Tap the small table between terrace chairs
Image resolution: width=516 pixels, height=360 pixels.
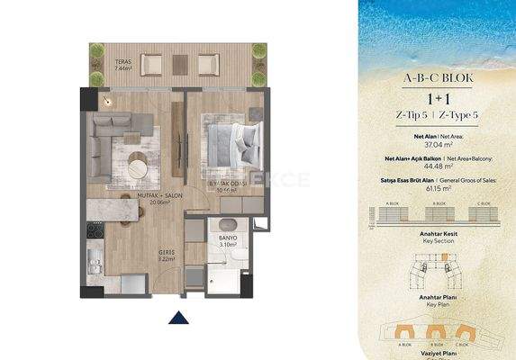[179, 64]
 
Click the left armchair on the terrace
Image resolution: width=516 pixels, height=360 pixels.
[151, 63]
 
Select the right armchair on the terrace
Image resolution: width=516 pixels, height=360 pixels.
[207, 63]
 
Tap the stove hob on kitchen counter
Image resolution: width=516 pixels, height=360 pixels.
[94, 232]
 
